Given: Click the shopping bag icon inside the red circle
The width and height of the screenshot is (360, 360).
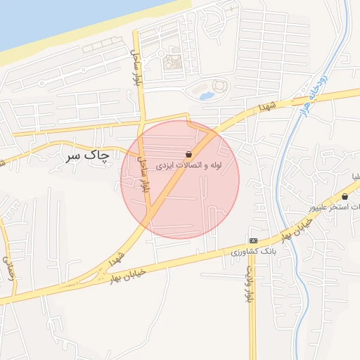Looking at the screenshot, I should (189, 154).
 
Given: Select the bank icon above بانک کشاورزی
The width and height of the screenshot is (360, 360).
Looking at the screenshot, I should (252, 240).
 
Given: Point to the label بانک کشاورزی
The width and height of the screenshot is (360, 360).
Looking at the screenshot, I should (255, 251).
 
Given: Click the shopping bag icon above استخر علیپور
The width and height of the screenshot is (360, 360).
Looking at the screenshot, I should (347, 196).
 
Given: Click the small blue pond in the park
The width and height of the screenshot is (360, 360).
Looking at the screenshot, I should (206, 95).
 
